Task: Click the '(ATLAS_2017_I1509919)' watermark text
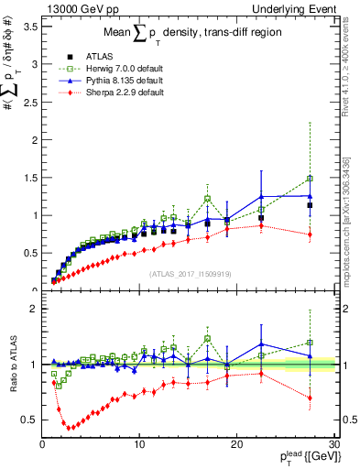(190, 273)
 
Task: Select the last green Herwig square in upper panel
(310, 179)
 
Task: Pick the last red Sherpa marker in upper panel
(310, 234)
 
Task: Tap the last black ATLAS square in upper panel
(310, 205)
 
